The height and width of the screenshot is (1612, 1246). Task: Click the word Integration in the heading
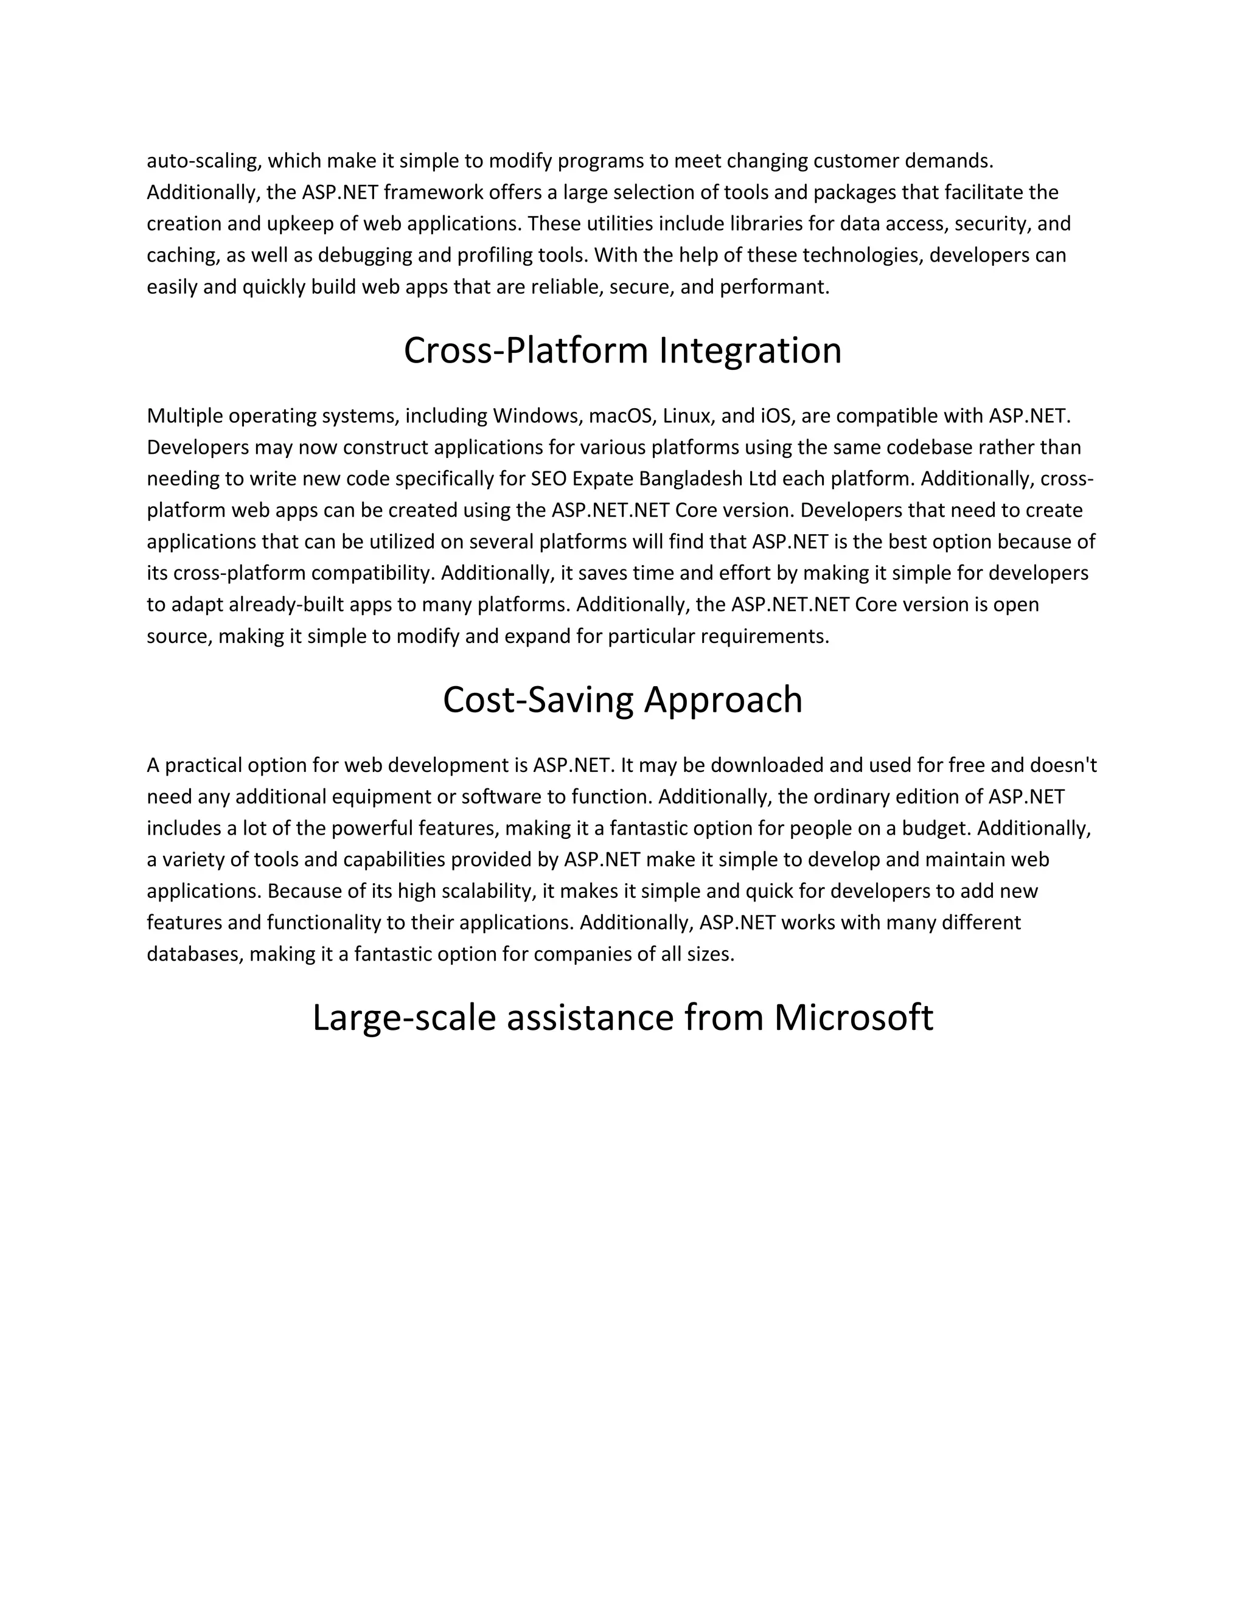coord(750,350)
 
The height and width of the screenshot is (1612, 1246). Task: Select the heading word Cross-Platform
coord(526,350)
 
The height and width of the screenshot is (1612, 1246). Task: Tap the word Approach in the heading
coord(723,700)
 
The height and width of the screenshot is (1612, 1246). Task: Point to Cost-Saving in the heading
coord(537,700)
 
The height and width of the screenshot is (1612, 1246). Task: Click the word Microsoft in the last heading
coord(854,1017)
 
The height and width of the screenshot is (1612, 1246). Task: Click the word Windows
coord(537,416)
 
